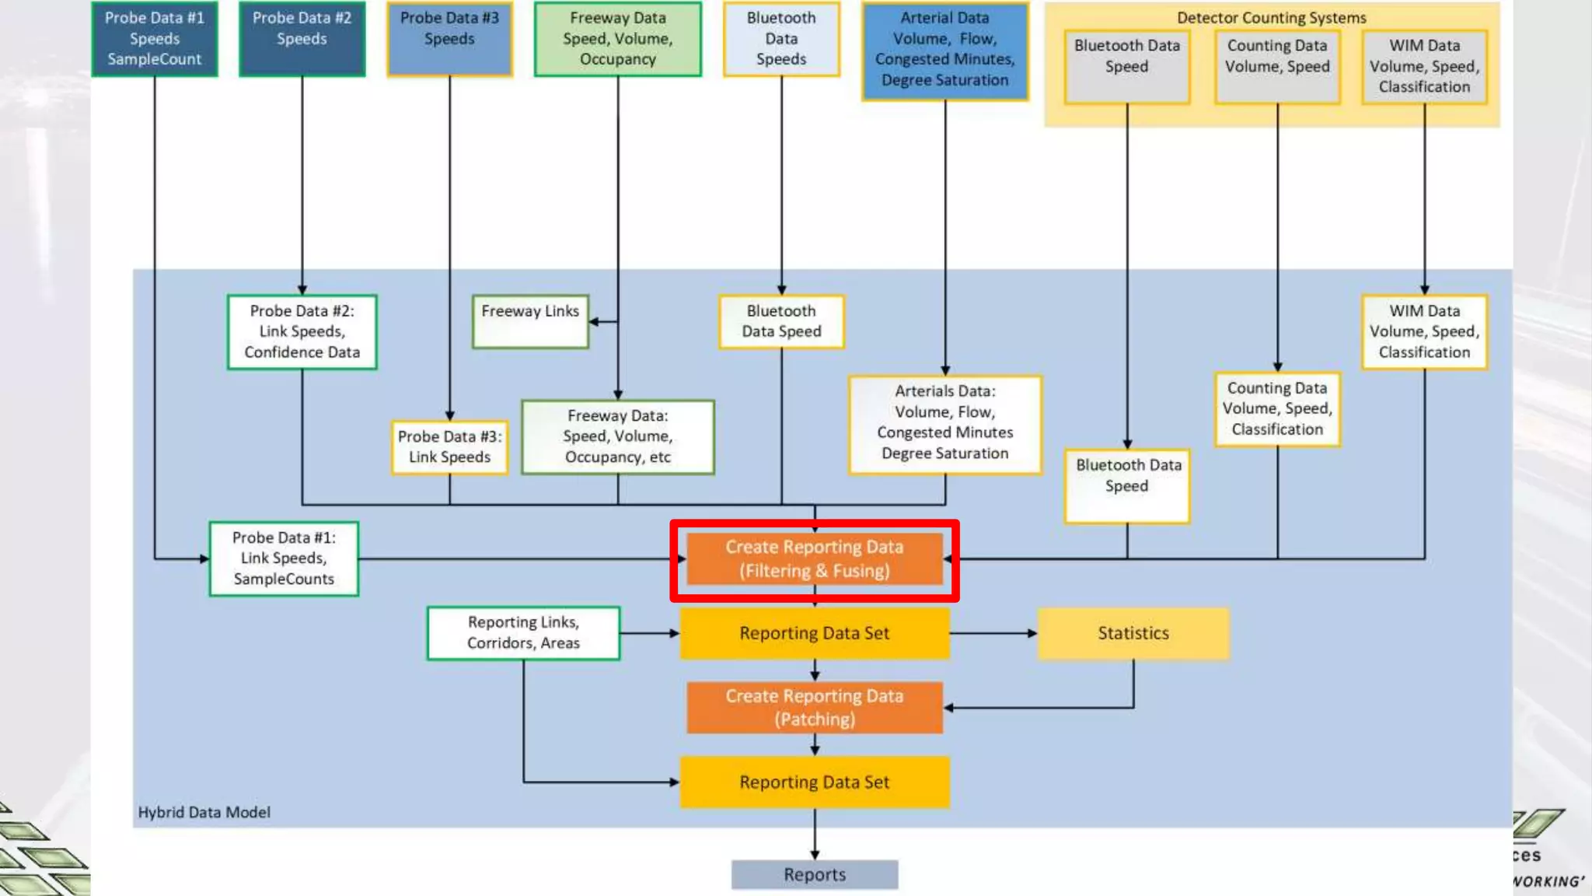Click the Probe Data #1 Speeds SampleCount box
[154, 38]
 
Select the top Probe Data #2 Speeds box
[302, 38]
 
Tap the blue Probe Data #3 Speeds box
[449, 38]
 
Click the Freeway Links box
[530, 321]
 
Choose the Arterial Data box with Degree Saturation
[944, 50]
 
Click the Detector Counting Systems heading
[1271, 17]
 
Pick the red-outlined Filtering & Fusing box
[814, 559]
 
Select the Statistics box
[1133, 633]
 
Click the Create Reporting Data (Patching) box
[814, 707]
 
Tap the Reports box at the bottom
[814, 874]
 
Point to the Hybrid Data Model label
[204, 812]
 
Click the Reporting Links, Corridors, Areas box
[523, 632]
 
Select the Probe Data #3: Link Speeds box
[449, 447]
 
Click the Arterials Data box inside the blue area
[944, 423]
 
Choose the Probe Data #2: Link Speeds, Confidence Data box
[302, 331]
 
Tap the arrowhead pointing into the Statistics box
[1032, 633]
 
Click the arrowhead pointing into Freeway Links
[594, 321]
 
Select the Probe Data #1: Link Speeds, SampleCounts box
[284, 558]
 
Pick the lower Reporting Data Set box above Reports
[814, 782]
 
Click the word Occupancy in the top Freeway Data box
[617, 59]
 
